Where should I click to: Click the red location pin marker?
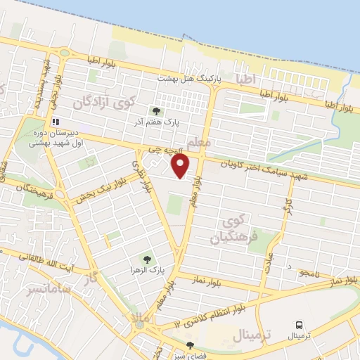pos(181,166)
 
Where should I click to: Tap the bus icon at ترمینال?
pos(300,326)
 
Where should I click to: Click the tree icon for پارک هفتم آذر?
pos(156,110)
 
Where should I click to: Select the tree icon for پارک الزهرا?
pos(147,259)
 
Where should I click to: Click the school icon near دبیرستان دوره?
pos(54,121)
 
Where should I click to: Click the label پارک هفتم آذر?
pos(178,121)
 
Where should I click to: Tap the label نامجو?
pos(309,272)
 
